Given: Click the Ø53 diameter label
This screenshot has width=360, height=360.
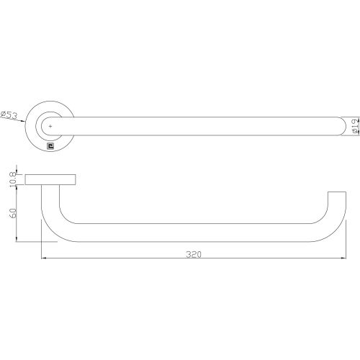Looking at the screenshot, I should pos(11,115).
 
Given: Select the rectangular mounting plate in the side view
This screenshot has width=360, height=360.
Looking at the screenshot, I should pos(52,180).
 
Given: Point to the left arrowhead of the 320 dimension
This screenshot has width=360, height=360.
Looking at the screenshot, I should pos(44,258).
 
